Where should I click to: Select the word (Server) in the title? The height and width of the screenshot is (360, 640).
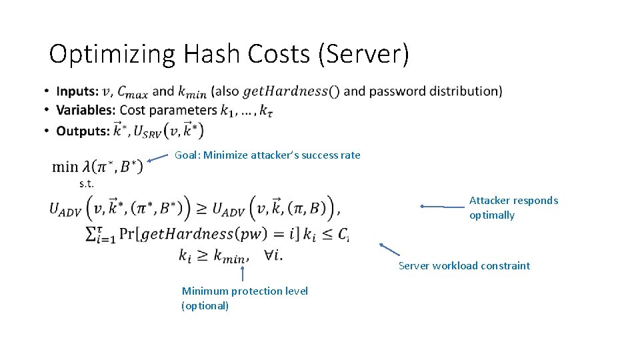point(364,55)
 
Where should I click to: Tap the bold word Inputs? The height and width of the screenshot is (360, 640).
point(77,91)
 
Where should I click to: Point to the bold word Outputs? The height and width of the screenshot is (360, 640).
point(83,131)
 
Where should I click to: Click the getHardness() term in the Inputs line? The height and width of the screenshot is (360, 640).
point(291,91)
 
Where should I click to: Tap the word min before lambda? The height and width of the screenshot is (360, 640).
point(65,167)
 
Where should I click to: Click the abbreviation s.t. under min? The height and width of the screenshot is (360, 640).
point(86,183)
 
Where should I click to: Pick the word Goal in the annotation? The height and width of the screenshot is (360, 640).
point(187,155)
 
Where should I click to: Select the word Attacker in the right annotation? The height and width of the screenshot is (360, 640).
point(489,201)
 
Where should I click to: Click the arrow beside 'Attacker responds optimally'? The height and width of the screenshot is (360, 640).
point(443,207)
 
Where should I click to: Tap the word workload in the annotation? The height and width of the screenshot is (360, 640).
point(456,266)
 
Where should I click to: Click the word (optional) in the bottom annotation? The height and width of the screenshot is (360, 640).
point(205,306)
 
